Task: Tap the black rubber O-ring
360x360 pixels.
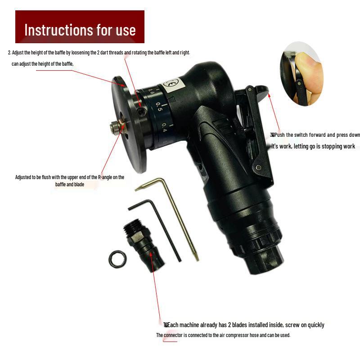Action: [117, 258]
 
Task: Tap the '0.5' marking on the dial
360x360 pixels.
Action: [159, 107]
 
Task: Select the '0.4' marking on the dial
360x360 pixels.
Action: [165, 128]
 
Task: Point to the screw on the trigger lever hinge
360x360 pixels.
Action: [259, 167]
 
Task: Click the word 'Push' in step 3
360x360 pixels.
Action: [280, 135]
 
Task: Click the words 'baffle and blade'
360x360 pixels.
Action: [72, 184]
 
